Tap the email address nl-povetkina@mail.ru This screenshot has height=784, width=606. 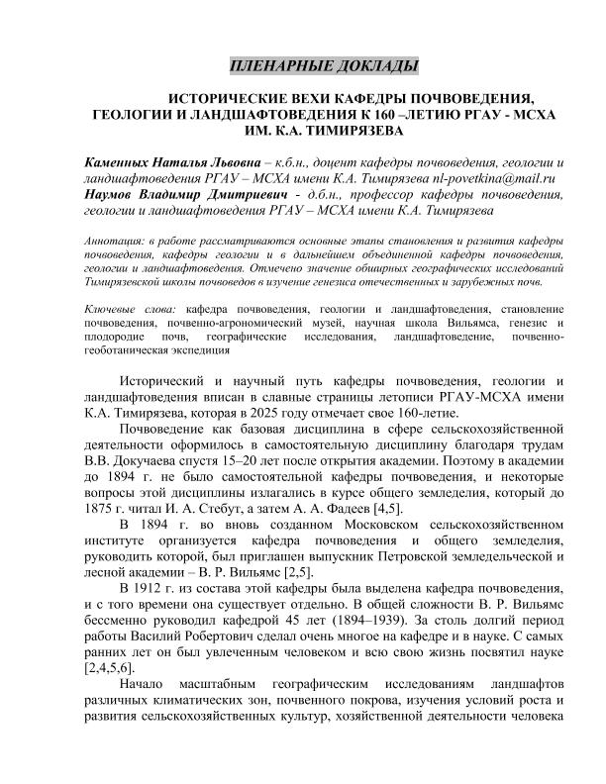pyautogui.click(x=490, y=178)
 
